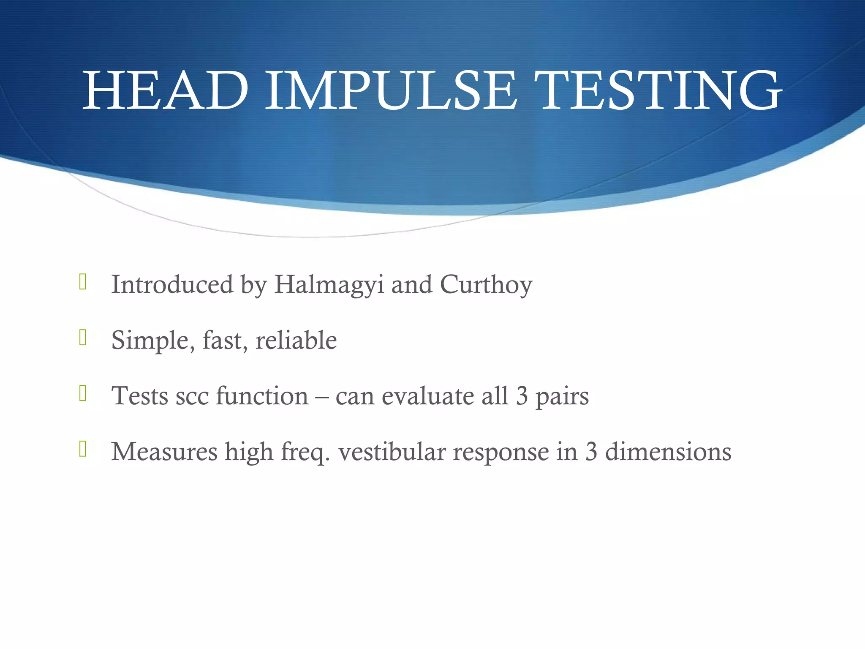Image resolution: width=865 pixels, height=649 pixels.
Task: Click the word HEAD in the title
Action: pyautogui.click(x=166, y=91)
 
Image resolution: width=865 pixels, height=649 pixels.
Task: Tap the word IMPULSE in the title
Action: pyautogui.click(x=391, y=91)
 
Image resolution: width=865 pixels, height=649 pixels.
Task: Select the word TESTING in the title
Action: pyautogui.click(x=659, y=91)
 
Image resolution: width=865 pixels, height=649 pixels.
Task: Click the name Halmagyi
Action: pyautogui.click(x=329, y=285)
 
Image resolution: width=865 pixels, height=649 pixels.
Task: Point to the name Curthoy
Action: pyautogui.click(x=486, y=285)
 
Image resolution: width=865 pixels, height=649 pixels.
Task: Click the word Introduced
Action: pyautogui.click(x=172, y=284)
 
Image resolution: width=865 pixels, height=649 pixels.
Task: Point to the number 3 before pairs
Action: pyautogui.click(x=522, y=396)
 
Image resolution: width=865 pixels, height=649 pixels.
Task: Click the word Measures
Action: pyautogui.click(x=164, y=452)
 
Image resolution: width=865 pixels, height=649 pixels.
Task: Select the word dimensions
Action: pyautogui.click(x=668, y=452)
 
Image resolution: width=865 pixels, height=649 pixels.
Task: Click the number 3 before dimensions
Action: pyautogui.click(x=591, y=452)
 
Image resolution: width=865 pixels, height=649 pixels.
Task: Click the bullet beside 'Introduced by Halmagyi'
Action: pyautogui.click(x=83, y=282)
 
